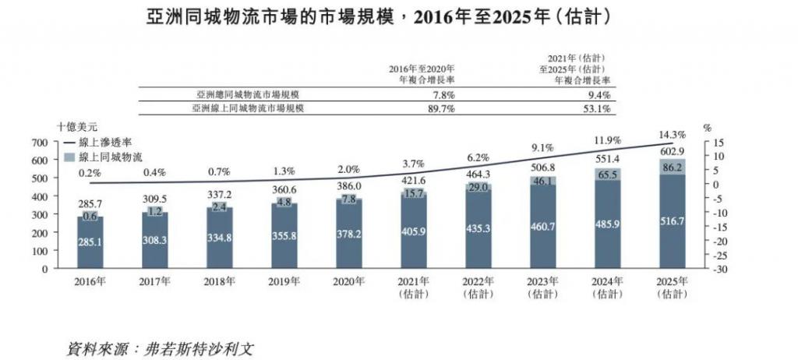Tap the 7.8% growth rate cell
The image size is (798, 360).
point(442,94)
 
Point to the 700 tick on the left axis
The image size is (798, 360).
point(40,143)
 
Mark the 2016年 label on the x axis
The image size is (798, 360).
point(90,281)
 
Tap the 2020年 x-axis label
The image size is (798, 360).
point(344,281)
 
